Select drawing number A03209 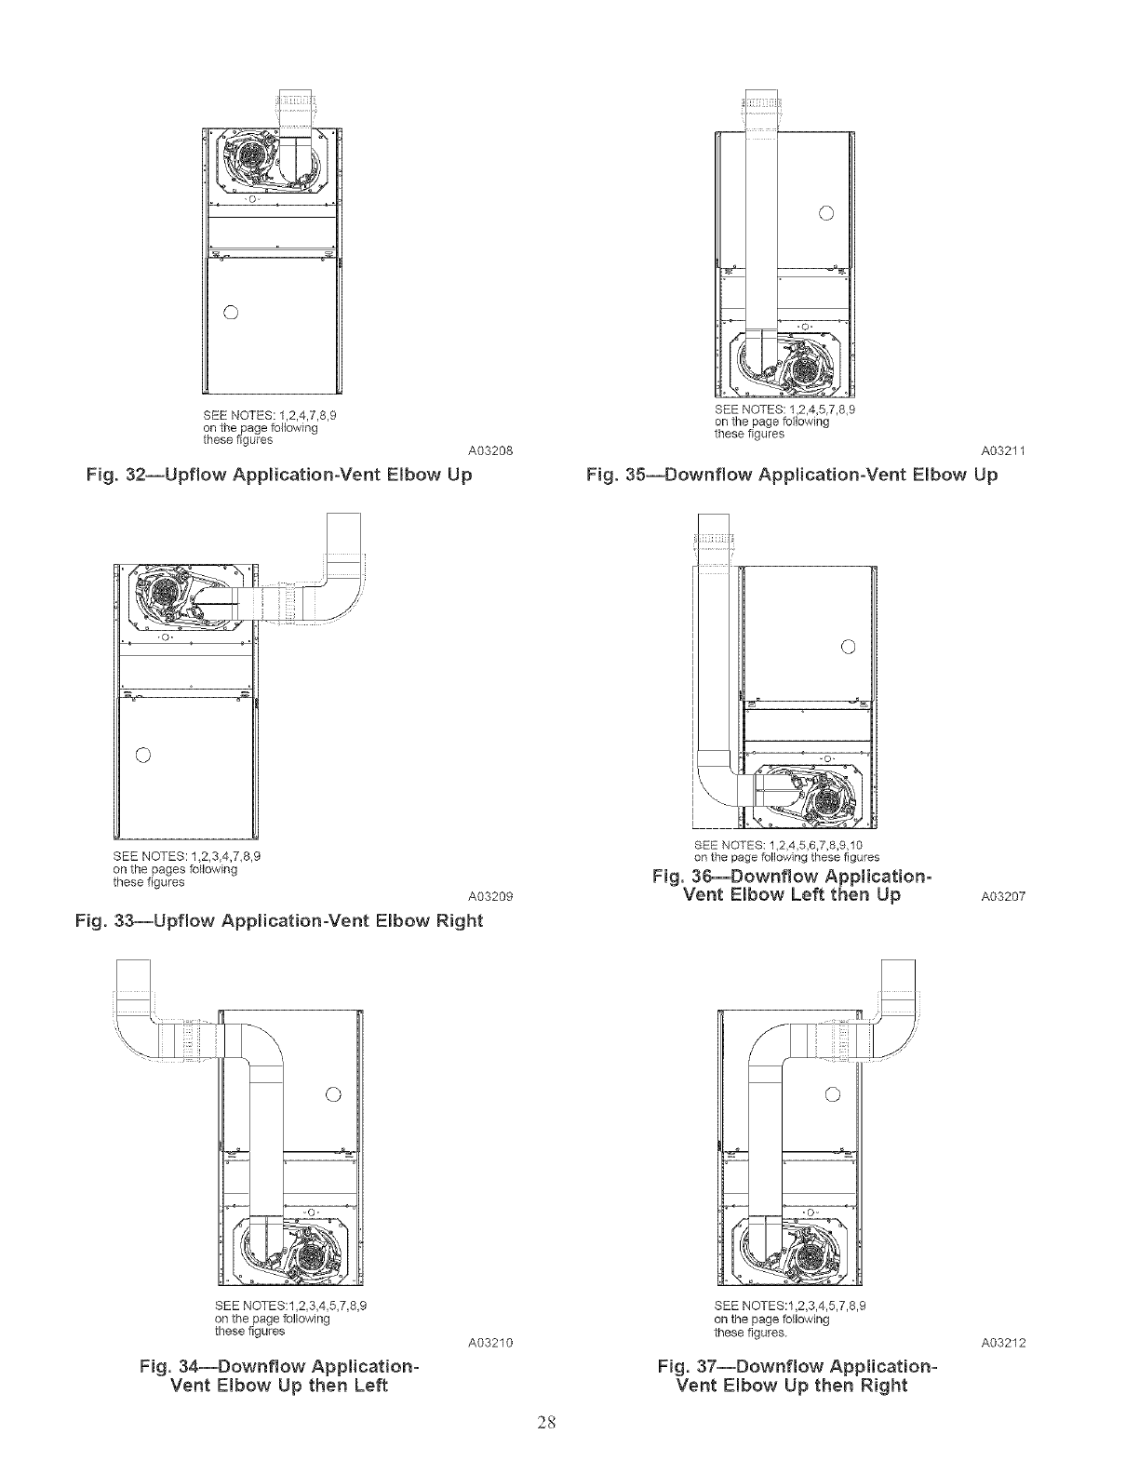485,897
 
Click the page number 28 546,1421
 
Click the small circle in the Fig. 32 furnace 233,311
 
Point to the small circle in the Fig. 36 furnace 847,647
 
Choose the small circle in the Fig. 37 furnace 833,1092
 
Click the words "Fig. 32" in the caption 116,475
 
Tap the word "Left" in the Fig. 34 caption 368,1386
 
